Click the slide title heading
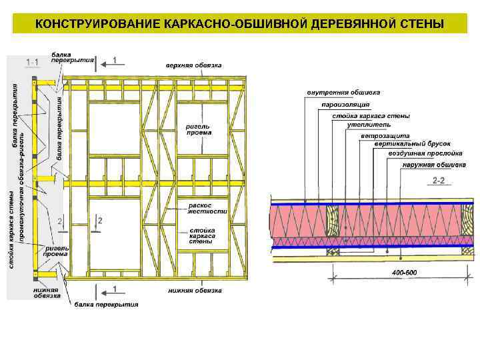pos(239,25)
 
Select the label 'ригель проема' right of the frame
pos(199,129)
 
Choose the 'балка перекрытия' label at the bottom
pos(106,305)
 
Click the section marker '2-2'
pos(439,181)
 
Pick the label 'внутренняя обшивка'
pos(343,92)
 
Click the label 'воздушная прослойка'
pos(425,153)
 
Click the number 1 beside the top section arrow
pos(114,60)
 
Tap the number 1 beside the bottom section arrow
pos(114,289)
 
